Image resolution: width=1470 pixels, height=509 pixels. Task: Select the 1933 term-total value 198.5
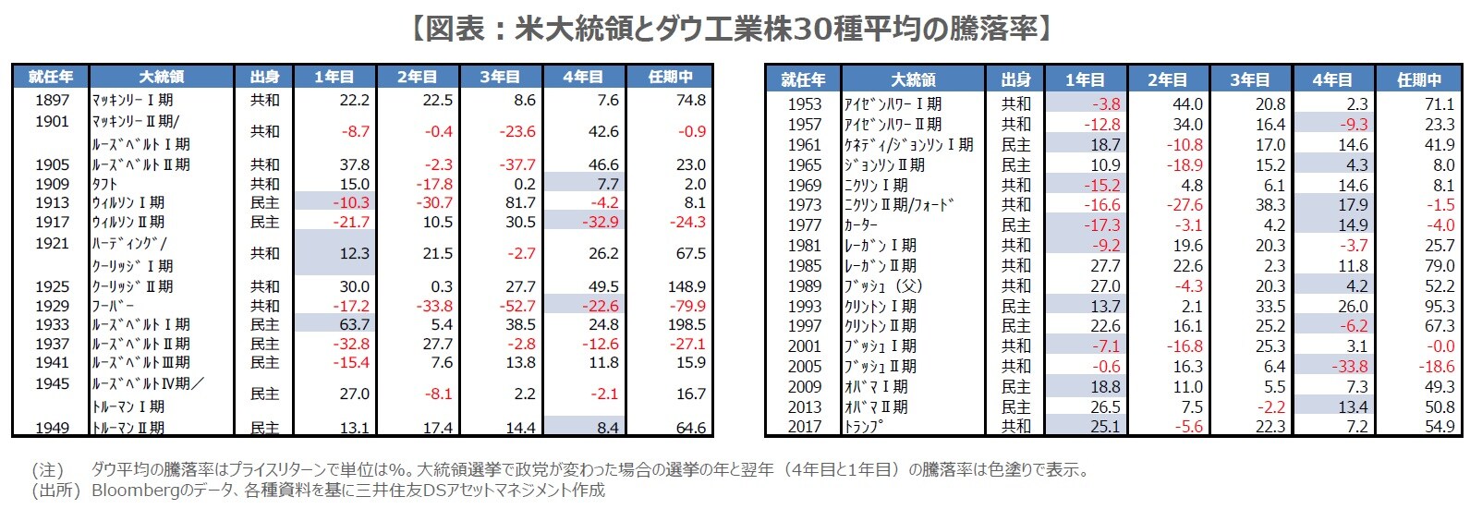point(686,324)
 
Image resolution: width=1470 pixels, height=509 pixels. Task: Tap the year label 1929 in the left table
point(53,306)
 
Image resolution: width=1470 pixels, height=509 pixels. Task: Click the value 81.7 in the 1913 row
point(520,202)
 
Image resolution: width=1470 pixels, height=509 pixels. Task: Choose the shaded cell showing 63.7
point(354,324)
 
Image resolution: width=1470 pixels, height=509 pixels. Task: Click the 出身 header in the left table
point(264,77)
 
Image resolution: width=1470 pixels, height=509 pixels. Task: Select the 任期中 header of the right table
point(1419,79)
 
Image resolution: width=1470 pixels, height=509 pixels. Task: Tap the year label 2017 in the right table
point(804,427)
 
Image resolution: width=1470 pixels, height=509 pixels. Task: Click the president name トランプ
point(864,427)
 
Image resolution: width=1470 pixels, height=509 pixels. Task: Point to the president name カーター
point(861,225)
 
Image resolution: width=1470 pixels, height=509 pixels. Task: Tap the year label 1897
point(53,100)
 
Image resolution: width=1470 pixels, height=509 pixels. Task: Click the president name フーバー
point(113,306)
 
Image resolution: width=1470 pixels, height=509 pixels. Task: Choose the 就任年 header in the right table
point(803,79)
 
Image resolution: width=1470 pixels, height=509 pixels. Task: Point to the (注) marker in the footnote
point(48,469)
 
